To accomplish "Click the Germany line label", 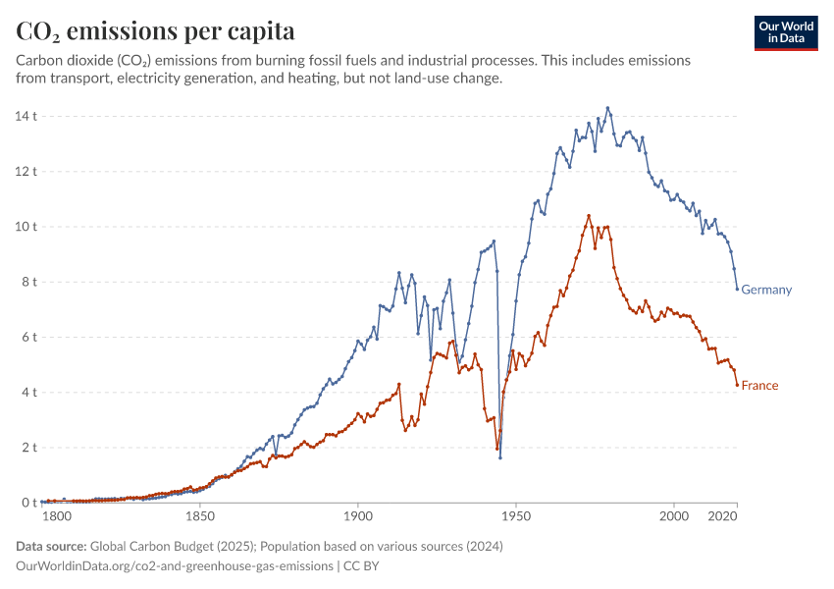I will coord(766,290).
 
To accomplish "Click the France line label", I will coord(759,386).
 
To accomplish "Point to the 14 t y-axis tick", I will coord(25,116).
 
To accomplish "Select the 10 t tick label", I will coord(25,227).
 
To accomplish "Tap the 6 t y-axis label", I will coord(27,337).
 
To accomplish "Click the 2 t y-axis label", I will coord(27,448).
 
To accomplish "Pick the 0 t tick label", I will coord(27,503).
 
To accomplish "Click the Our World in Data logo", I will coord(786,32).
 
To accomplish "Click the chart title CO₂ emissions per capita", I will coord(155,31).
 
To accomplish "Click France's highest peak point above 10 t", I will coord(589,216).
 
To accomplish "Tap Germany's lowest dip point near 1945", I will coord(500,457).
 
